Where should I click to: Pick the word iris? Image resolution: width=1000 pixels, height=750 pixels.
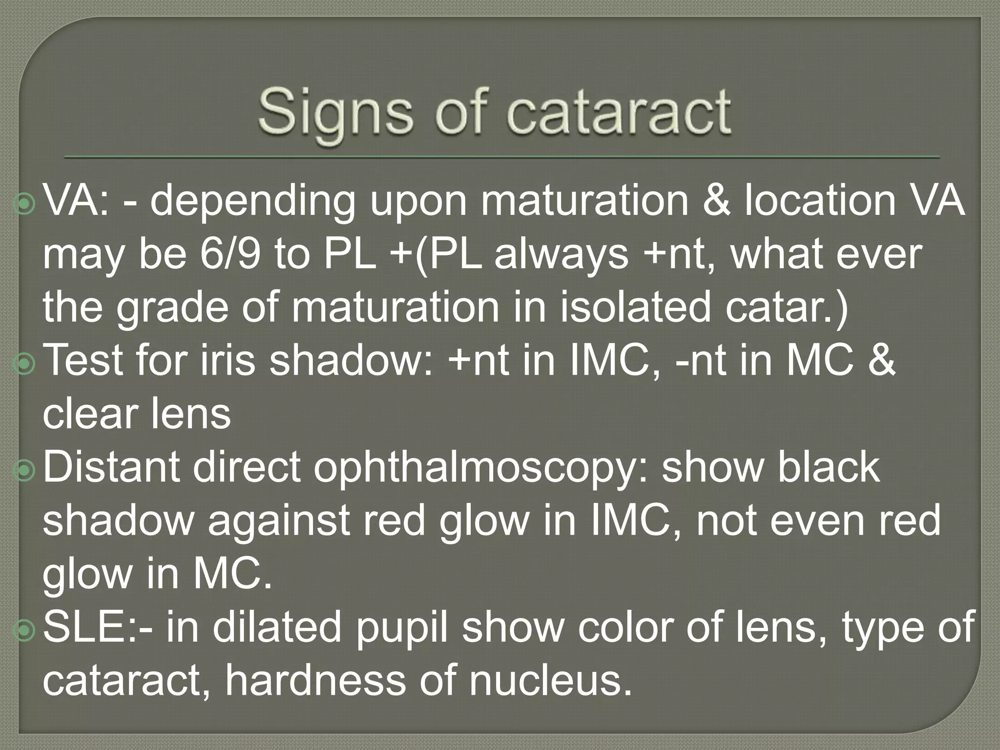[x=228, y=360]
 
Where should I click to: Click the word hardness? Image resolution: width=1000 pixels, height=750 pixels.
[x=315, y=680]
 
